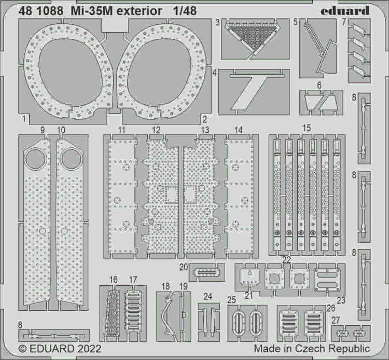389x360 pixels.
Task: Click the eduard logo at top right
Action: tap(345, 11)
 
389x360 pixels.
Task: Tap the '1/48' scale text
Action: tap(185, 11)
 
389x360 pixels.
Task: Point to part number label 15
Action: tap(307, 128)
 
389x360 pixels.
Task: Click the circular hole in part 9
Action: tap(35, 159)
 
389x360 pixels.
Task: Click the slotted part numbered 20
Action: tap(206, 273)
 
